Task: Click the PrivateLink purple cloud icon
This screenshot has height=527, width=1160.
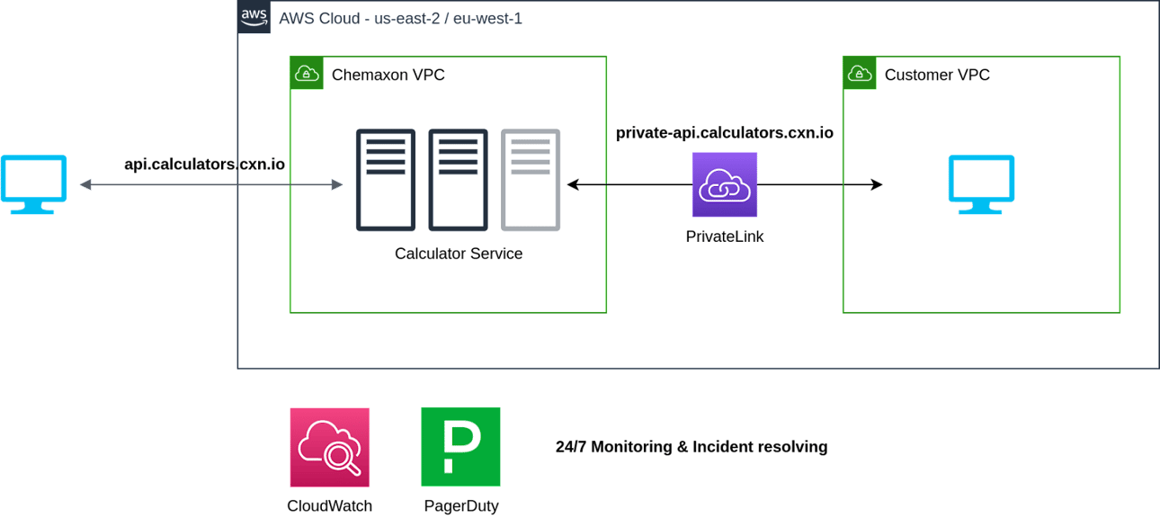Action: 724,184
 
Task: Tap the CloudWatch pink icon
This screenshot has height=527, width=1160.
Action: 329,447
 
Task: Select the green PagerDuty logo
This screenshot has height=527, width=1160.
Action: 460,447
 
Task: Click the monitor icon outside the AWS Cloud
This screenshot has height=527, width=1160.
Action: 33,185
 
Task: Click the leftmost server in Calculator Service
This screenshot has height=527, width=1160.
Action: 386,180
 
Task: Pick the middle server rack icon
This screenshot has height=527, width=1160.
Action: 458,180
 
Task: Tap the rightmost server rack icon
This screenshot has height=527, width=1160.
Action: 531,180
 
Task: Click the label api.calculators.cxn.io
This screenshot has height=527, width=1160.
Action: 204,164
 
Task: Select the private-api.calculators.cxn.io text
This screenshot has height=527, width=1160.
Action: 724,133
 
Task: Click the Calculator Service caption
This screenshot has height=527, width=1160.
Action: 458,254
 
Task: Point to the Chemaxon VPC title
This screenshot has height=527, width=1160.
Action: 388,75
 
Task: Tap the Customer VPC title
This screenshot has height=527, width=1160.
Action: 937,75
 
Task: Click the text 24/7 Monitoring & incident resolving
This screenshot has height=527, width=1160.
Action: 691,447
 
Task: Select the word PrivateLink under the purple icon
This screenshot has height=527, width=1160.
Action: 724,237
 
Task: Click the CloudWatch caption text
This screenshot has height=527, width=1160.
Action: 329,505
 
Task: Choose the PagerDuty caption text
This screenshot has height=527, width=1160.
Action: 460,505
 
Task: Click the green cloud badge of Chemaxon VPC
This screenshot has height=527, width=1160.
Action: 307,73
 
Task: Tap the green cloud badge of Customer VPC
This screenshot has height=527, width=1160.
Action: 859,73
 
